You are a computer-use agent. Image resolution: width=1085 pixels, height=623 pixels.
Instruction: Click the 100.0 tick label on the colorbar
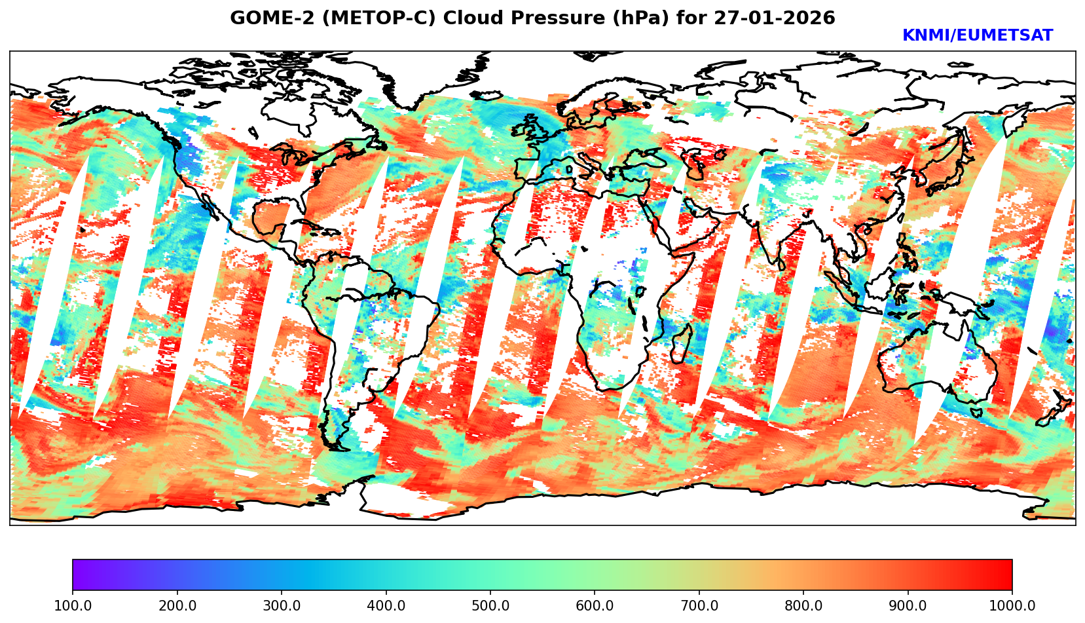click(x=73, y=606)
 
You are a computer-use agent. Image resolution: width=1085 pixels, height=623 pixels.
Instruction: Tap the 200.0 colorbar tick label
click(x=177, y=606)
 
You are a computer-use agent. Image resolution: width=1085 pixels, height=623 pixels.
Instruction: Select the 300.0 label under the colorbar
click(x=282, y=606)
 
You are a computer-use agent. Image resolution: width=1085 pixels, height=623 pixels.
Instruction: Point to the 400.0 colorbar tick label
click(x=386, y=606)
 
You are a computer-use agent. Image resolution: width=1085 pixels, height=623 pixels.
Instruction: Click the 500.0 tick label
click(x=490, y=606)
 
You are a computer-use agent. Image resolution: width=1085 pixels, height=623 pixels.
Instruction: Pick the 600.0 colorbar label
click(x=595, y=606)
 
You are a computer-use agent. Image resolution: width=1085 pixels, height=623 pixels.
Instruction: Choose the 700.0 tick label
click(x=699, y=606)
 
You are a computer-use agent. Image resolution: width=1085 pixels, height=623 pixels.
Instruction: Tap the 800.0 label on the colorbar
click(x=803, y=606)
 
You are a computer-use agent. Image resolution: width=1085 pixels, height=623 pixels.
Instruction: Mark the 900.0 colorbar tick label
click(x=908, y=606)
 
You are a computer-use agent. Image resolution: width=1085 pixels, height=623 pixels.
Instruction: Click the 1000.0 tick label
click(x=1012, y=606)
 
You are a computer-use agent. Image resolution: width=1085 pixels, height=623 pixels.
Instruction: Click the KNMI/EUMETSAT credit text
click(x=977, y=36)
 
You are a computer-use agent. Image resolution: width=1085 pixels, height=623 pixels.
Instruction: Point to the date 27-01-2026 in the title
click(x=775, y=18)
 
